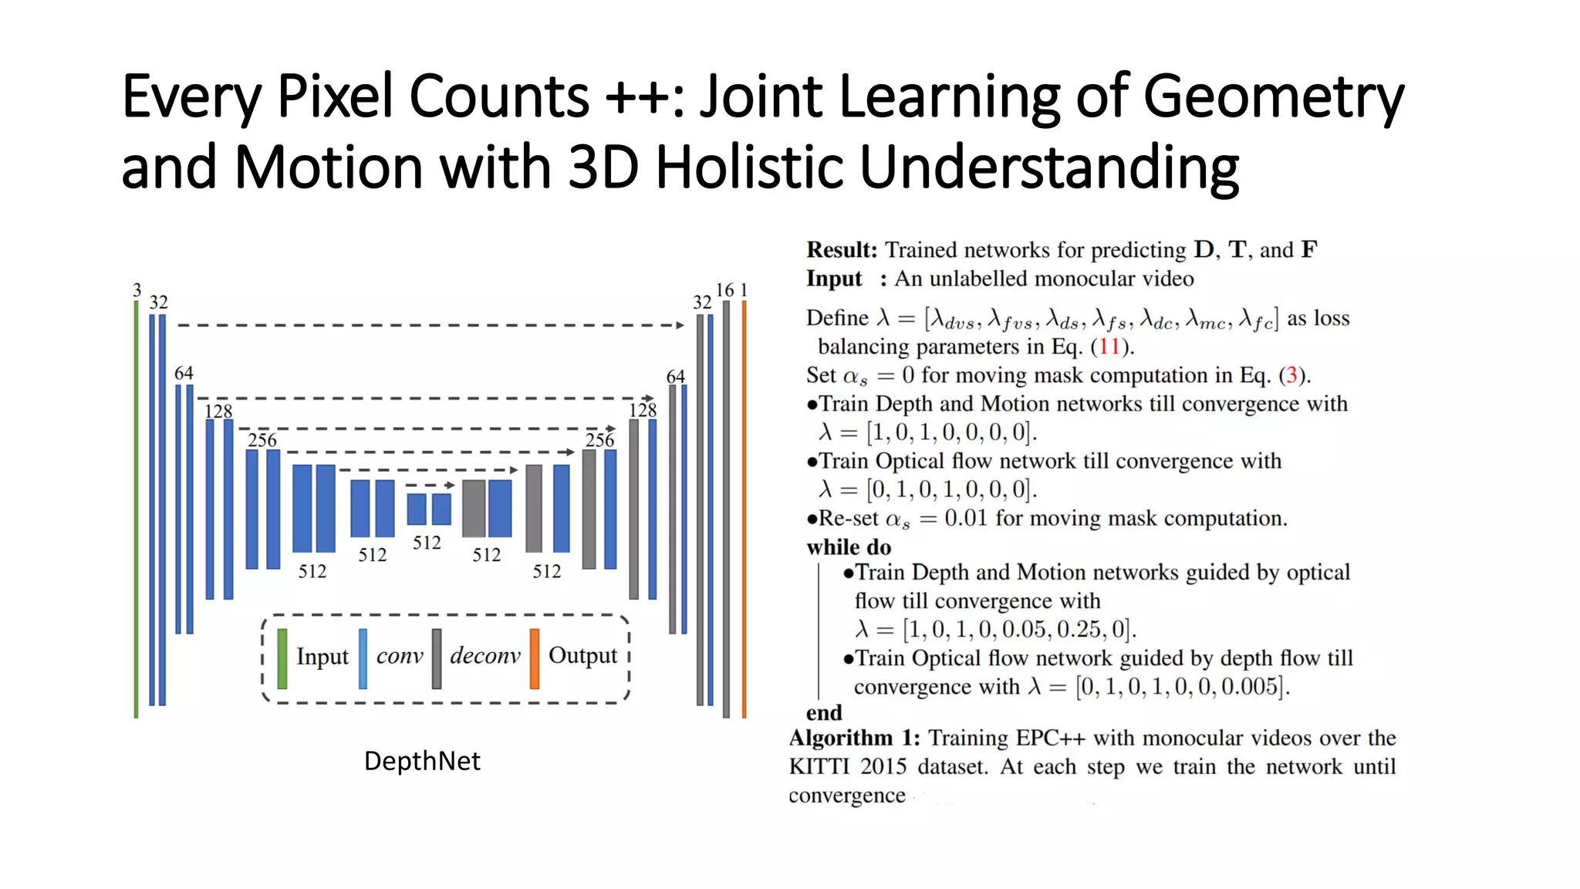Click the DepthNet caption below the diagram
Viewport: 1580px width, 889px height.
coord(422,761)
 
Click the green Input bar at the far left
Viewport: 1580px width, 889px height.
coord(137,509)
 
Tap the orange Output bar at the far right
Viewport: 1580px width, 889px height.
coord(744,509)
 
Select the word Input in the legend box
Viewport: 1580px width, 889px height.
coord(322,657)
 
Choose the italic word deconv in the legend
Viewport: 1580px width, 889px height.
coord(485,656)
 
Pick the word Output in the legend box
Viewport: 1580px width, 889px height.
coord(582,656)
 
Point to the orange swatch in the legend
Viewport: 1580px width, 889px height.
coord(535,658)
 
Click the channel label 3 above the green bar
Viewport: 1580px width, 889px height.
coord(137,290)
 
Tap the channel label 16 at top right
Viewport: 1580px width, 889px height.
coord(724,290)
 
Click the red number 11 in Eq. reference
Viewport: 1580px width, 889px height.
coord(1109,346)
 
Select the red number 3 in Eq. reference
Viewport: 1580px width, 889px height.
coord(1291,375)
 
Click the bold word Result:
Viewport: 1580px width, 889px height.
coord(842,250)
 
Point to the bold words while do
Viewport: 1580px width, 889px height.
coord(849,547)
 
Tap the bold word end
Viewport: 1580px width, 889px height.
coord(824,712)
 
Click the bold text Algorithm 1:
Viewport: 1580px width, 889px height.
coord(854,739)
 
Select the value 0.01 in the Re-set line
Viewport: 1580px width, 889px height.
coord(966,518)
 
